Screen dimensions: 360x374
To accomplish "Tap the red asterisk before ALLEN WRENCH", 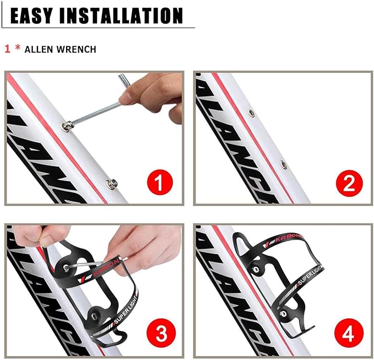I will click(x=18, y=49).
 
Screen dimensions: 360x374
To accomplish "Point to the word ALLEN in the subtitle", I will click(x=40, y=50).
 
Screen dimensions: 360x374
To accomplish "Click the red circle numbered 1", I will click(x=159, y=183).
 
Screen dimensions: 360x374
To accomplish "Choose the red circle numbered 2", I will click(x=349, y=183).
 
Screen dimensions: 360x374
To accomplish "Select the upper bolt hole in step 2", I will click(x=251, y=113).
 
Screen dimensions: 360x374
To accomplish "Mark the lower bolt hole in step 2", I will click(x=283, y=164).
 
